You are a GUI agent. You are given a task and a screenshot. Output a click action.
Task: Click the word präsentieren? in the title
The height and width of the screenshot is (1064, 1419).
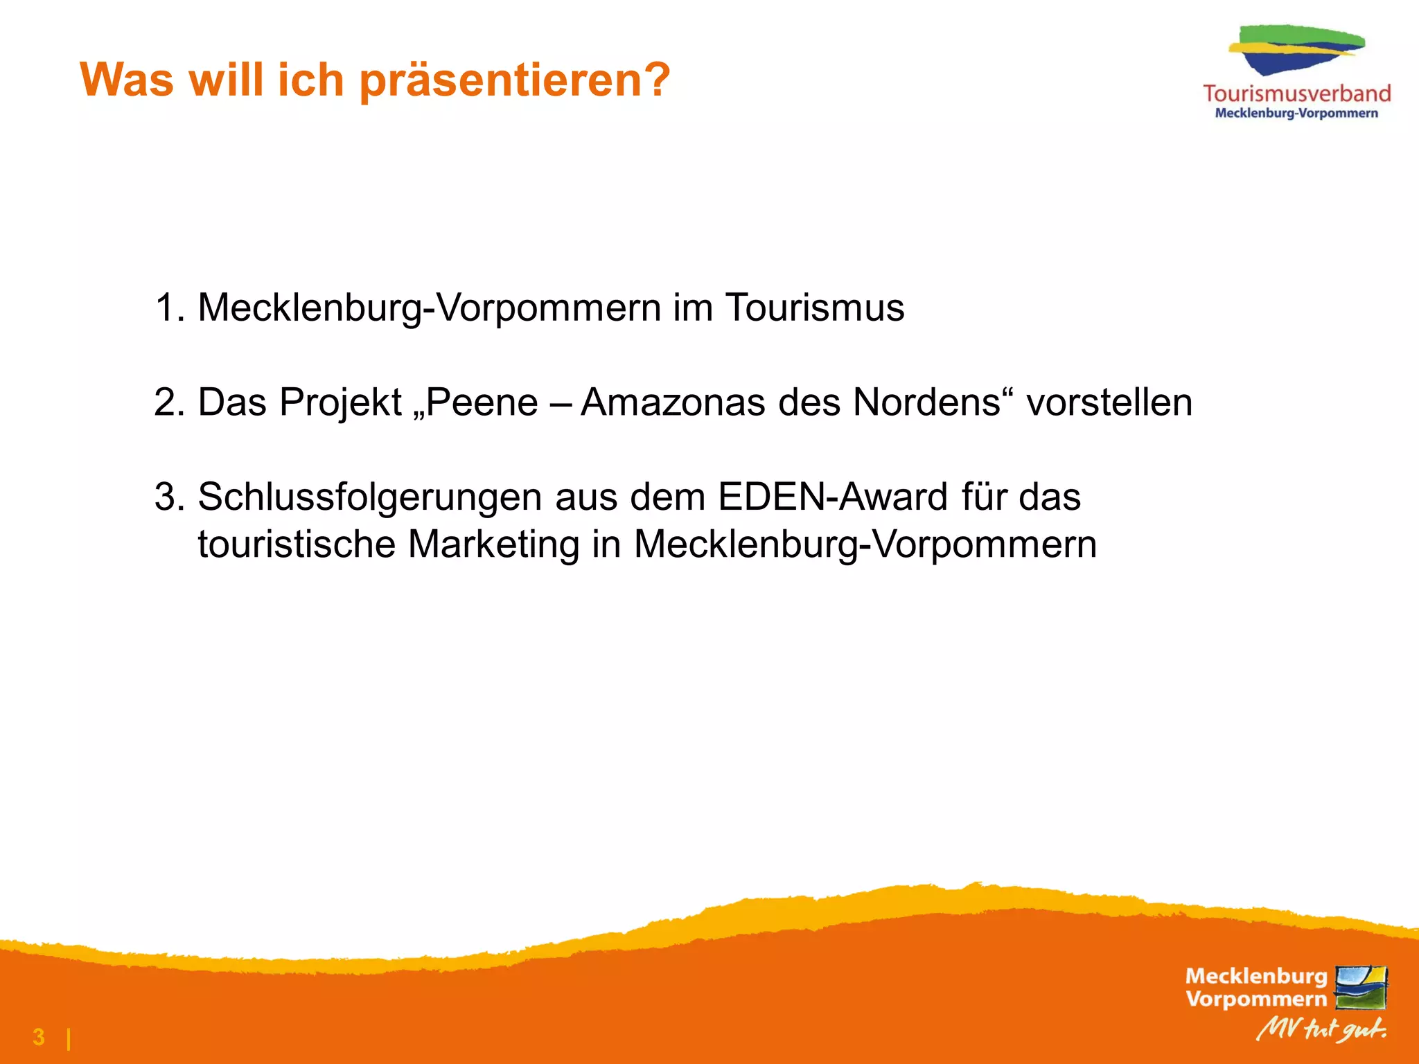pyautogui.click(x=515, y=81)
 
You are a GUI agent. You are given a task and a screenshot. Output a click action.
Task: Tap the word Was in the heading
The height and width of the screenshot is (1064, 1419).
pyautogui.click(x=127, y=80)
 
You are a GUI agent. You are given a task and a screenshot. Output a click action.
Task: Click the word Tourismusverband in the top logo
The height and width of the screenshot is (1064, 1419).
pyautogui.click(x=1296, y=94)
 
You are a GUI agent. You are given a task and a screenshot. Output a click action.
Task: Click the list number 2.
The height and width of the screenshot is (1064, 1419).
pyautogui.click(x=168, y=402)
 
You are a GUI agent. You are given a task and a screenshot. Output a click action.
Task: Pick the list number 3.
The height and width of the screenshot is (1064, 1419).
pyautogui.click(x=168, y=497)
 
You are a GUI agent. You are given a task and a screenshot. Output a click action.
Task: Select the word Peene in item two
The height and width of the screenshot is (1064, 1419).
pyautogui.click(x=482, y=402)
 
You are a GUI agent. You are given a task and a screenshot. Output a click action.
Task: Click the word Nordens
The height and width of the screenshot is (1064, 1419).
pyautogui.click(x=926, y=402)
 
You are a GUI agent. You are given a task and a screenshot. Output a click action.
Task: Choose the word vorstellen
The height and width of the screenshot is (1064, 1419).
pyautogui.click(x=1109, y=402)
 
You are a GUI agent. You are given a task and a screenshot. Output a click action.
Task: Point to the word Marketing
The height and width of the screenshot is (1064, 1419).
pyautogui.click(x=493, y=544)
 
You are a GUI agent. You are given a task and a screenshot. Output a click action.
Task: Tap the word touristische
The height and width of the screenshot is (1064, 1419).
pyautogui.click(x=297, y=544)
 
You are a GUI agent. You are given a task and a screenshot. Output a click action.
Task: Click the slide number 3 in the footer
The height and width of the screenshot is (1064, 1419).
pyautogui.click(x=39, y=1037)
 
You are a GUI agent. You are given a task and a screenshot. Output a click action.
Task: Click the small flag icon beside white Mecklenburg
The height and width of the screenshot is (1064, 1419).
pyautogui.click(x=1361, y=987)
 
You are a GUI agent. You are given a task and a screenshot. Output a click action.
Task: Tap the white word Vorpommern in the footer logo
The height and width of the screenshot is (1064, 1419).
pyautogui.click(x=1256, y=999)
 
